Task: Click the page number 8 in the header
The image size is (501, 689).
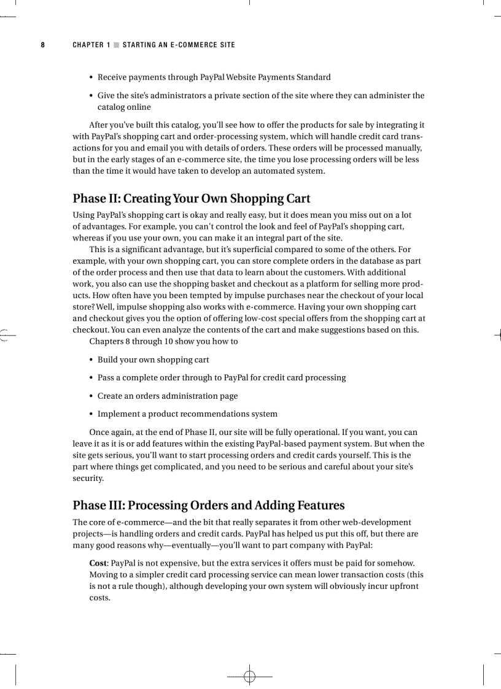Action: point(42,45)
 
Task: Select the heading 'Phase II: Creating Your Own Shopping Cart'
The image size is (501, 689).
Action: point(192,199)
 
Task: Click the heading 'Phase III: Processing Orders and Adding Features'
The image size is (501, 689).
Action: point(209,506)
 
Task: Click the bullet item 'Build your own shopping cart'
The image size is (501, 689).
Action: point(153,360)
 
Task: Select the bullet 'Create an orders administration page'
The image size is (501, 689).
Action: point(168,396)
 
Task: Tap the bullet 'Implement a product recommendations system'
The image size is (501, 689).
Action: point(187,414)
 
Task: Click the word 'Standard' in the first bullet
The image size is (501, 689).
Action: point(313,77)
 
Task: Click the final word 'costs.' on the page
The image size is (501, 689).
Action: point(99,598)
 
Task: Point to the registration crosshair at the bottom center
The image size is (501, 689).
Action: point(249,676)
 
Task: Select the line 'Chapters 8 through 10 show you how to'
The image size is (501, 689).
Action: point(163,341)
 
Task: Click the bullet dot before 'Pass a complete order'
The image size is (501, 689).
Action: point(91,378)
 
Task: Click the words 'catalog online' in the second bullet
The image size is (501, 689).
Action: point(124,107)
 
